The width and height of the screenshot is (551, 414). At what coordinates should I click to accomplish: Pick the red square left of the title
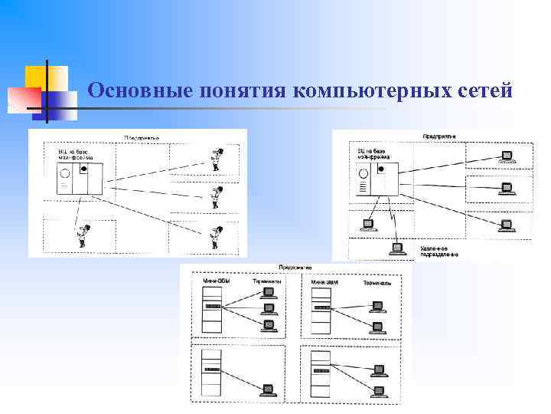pos(23,99)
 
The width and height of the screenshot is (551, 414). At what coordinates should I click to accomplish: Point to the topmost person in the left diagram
pos(217,159)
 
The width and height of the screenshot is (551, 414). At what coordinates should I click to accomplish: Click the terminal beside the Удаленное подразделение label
pos(396,248)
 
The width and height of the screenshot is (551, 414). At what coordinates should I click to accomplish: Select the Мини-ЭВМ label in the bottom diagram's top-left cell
pos(216,281)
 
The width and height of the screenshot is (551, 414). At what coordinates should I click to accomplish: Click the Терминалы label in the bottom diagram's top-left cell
pos(266,281)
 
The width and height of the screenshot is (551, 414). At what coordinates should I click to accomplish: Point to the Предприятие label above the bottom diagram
pos(295,268)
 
